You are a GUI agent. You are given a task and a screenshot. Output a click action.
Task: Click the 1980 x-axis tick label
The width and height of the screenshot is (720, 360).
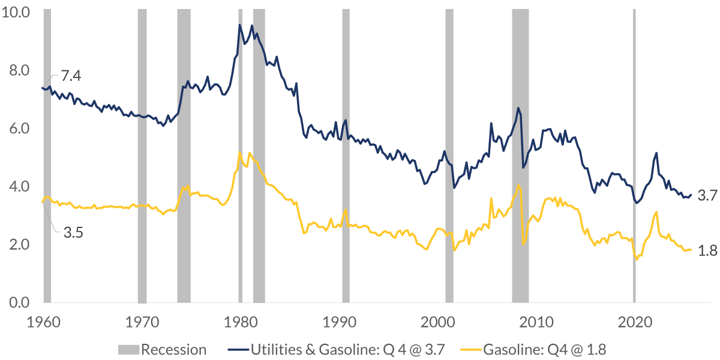240,320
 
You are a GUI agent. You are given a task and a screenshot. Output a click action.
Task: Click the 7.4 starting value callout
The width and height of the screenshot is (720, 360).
70,76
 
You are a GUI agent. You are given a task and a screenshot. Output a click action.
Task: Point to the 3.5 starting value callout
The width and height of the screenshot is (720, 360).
73,232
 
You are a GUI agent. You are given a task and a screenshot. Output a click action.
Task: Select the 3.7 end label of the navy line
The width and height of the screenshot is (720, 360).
708,195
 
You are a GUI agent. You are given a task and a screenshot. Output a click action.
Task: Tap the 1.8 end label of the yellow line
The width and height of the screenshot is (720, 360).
708,251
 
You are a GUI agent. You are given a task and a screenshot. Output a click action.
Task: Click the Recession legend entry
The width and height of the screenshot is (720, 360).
162,350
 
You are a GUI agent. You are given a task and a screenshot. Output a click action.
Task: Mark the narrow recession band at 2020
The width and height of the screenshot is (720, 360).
634,156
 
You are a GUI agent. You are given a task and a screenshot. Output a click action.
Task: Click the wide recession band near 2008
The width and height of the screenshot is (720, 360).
520,156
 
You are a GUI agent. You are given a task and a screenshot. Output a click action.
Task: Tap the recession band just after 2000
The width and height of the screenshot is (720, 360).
449,156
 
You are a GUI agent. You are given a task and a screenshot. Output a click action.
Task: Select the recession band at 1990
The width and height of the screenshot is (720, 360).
346,156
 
